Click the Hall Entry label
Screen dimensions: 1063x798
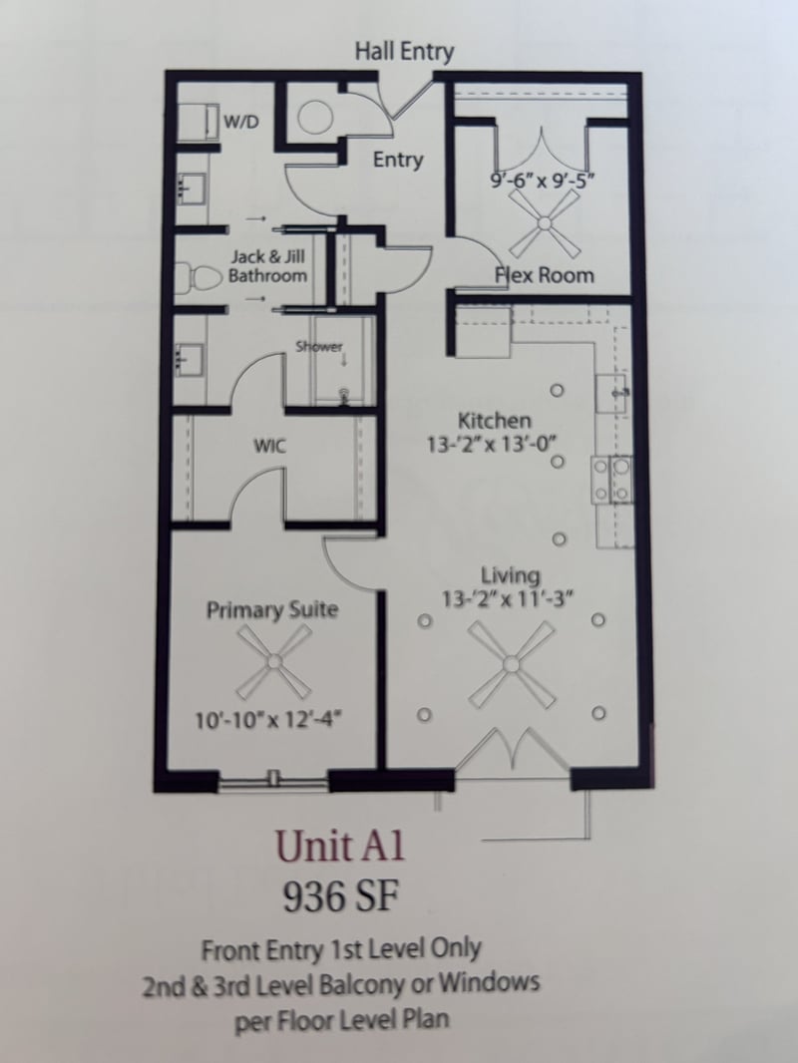tap(404, 52)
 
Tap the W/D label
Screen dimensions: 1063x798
tap(239, 123)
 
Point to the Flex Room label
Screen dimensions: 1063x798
tap(545, 274)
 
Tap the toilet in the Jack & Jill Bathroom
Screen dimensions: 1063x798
tap(195, 276)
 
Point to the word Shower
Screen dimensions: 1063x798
tap(318, 347)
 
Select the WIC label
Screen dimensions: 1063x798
tap(270, 446)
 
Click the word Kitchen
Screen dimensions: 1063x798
tap(494, 420)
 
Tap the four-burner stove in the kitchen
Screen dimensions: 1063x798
tap(610, 479)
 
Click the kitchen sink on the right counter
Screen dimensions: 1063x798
tap(611, 394)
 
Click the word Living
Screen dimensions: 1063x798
tap(511, 575)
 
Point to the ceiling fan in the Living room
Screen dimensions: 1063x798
tap(511, 662)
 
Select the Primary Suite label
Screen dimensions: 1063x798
tap(271, 610)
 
